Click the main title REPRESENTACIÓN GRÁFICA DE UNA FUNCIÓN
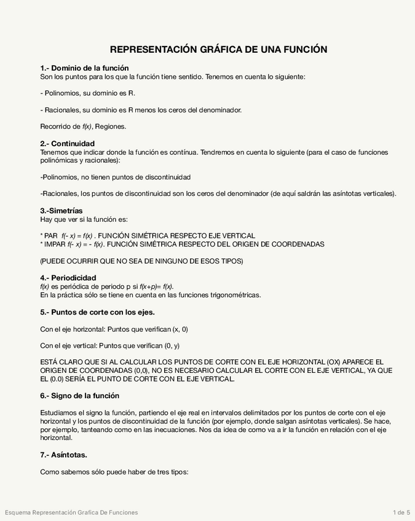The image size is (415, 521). (218, 49)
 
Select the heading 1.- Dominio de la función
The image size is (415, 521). (84, 68)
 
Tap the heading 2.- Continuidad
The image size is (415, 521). (67, 143)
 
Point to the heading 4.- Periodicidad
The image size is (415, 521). (68, 278)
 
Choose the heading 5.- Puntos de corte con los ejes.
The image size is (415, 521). (97, 311)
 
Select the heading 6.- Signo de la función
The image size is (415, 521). (79, 395)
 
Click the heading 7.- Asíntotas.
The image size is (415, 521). (63, 455)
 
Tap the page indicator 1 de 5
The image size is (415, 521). (401, 512)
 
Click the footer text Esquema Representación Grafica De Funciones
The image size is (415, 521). (71, 512)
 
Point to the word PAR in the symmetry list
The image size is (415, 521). (51, 236)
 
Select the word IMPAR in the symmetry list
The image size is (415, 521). (53, 244)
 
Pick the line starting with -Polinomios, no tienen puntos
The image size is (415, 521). (115, 177)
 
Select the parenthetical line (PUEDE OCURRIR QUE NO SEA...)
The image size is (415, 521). (141, 261)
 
